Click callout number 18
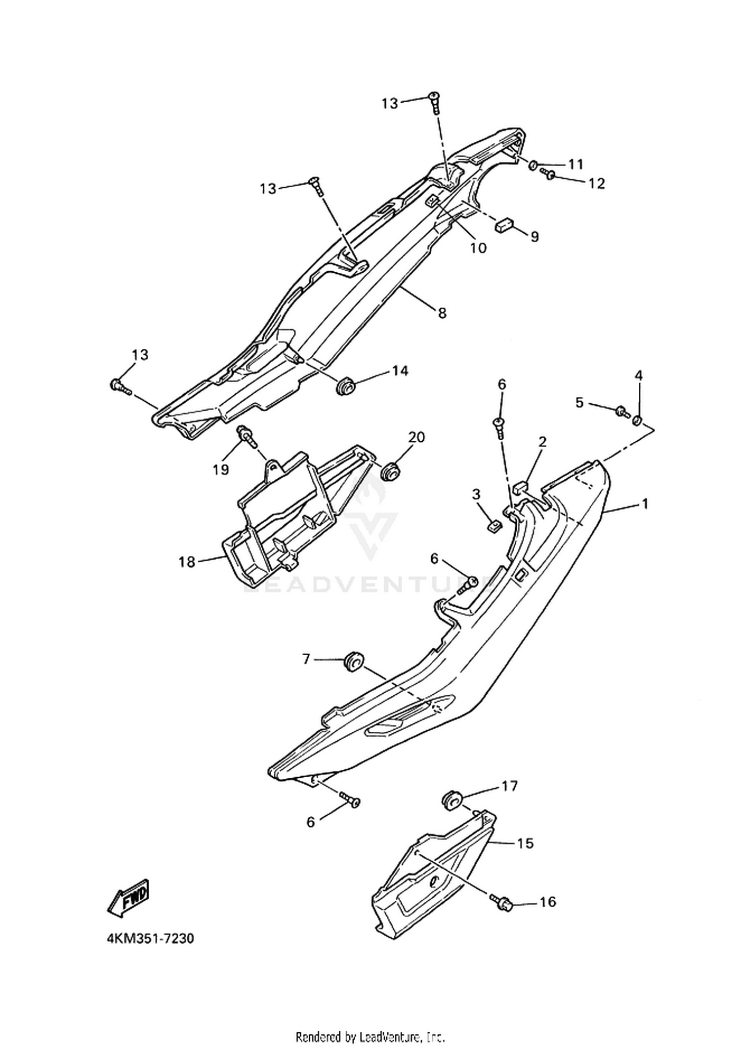(187, 562)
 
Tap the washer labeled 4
(637, 420)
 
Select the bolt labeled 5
(622, 411)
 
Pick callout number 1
(644, 504)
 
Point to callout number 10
(478, 247)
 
